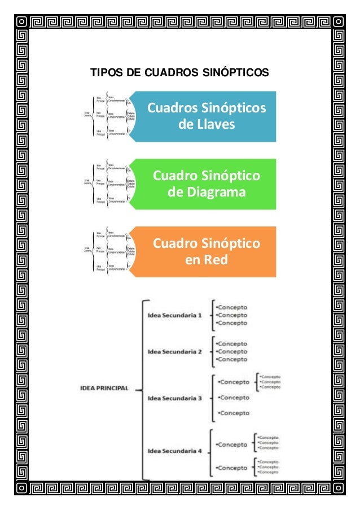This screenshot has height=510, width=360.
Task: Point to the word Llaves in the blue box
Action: [207, 124]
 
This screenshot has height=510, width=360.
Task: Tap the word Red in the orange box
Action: [217, 260]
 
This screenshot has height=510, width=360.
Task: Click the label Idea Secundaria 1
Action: [174, 315]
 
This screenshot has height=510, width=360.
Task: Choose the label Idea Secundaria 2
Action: [174, 351]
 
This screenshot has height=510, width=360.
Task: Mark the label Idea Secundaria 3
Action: [174, 398]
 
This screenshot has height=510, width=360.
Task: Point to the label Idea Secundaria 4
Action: [174, 450]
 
